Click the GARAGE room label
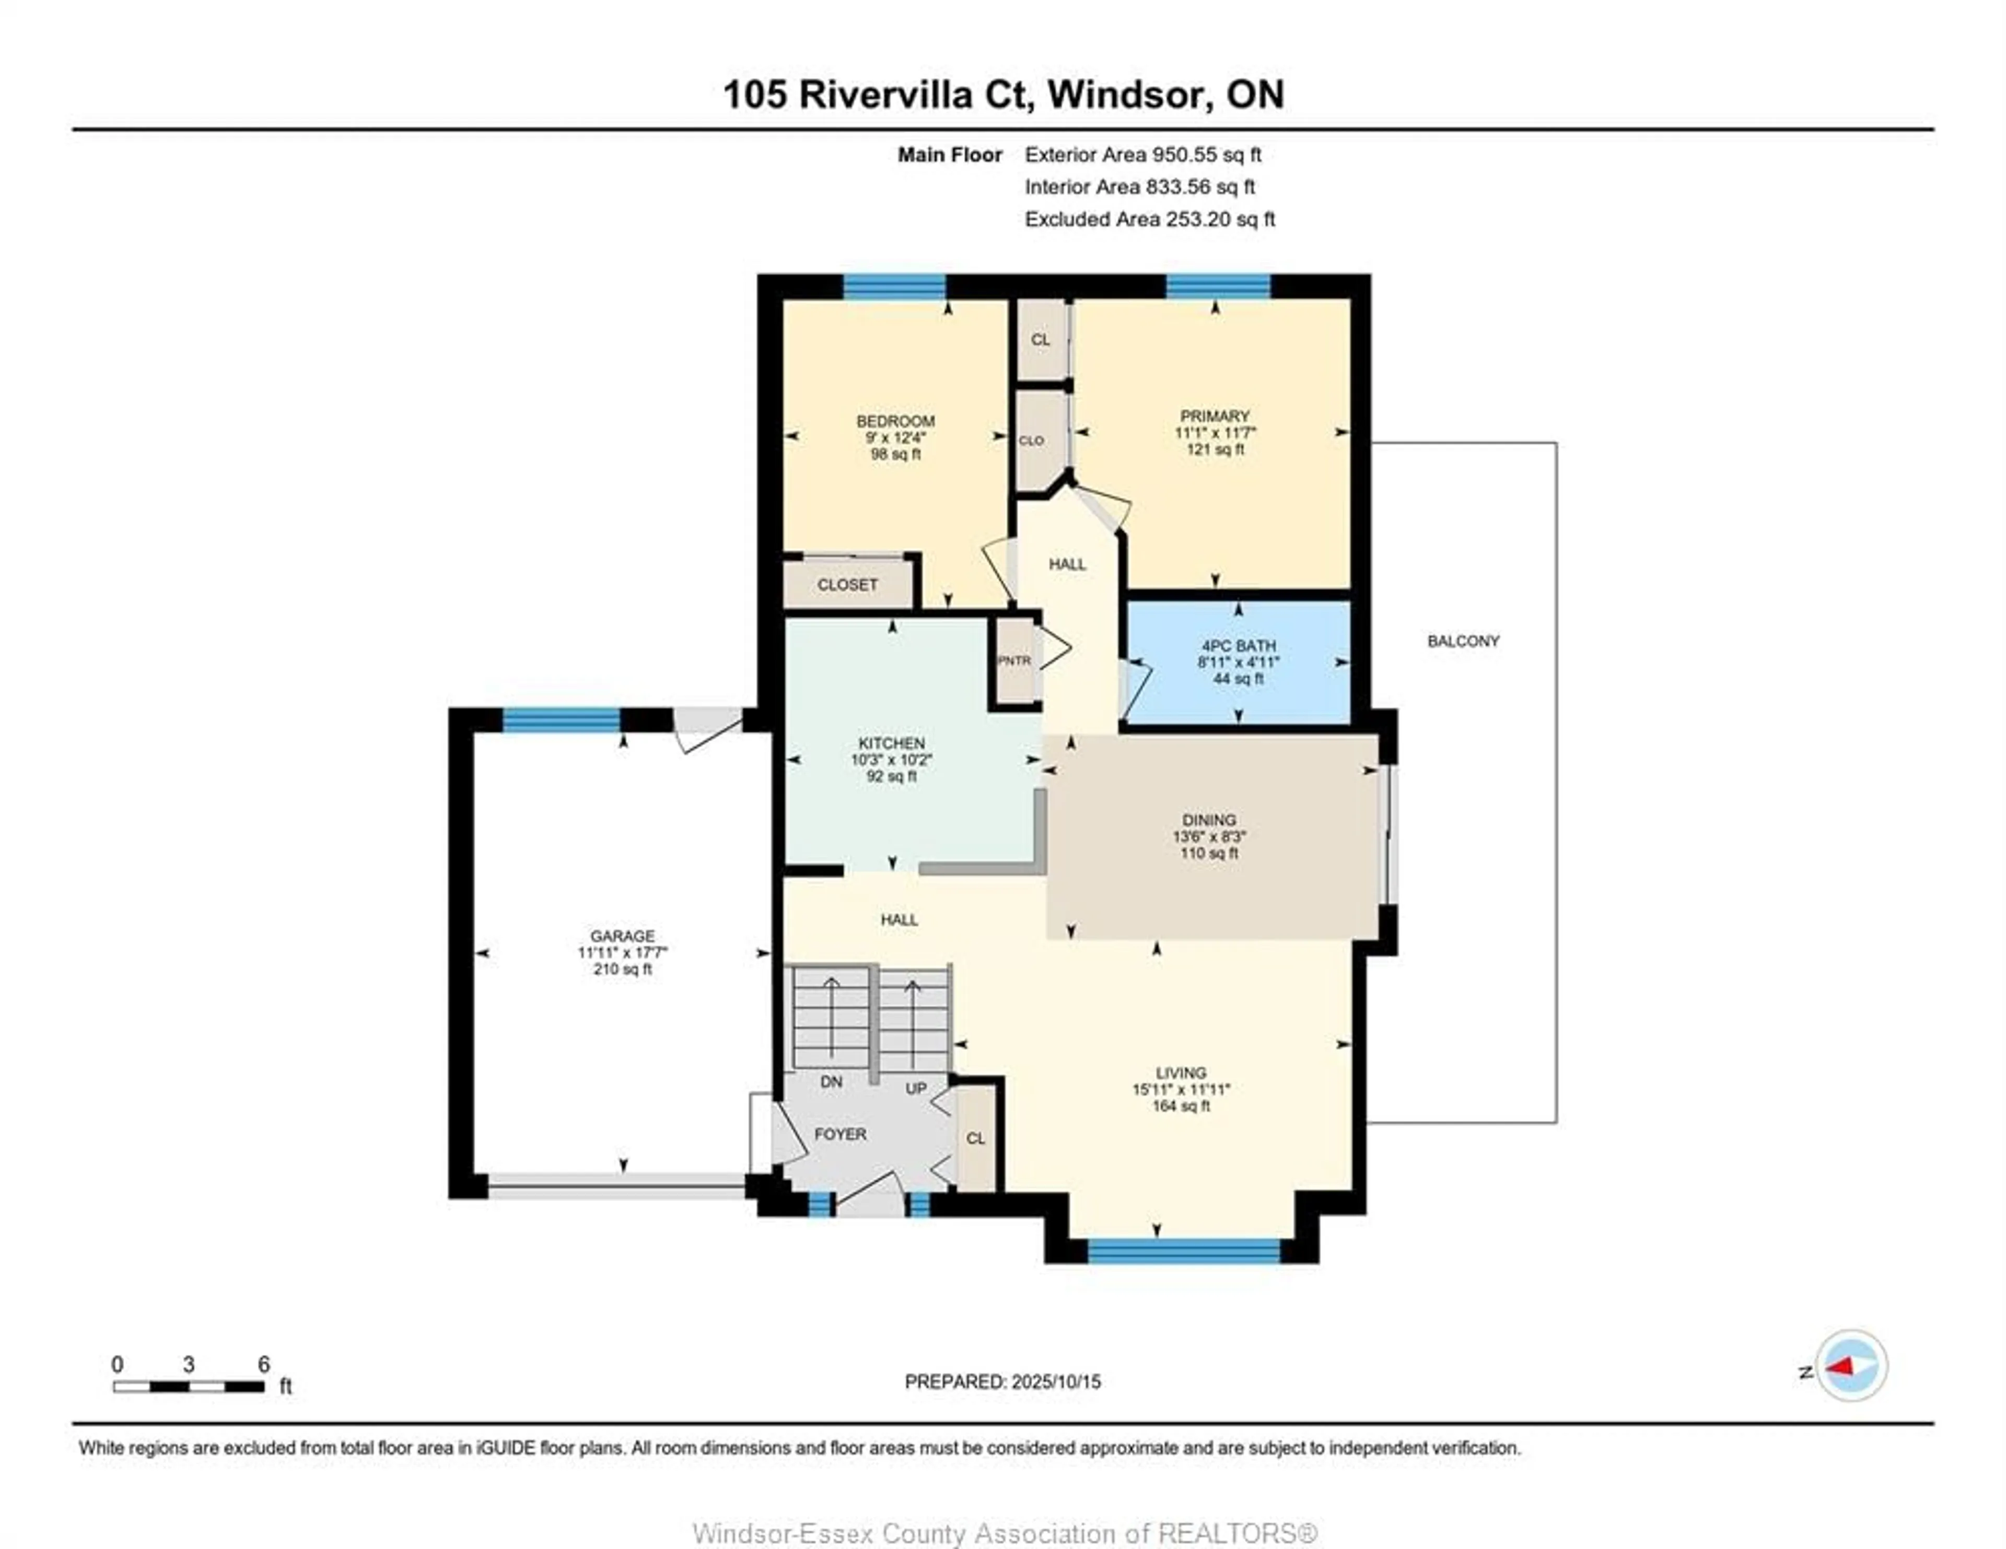coord(623,937)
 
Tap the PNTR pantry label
coord(1015,660)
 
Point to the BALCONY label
coord(1463,641)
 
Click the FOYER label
coord(841,1134)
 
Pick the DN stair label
coord(831,1082)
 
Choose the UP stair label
coord(916,1088)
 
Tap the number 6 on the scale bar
coord(264,1364)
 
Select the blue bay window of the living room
coord(1184,1250)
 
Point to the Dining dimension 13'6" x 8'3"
coord(1209,836)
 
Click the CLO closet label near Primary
coord(1032,441)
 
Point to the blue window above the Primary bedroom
coord(1218,287)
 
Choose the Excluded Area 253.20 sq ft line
coord(1150,219)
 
